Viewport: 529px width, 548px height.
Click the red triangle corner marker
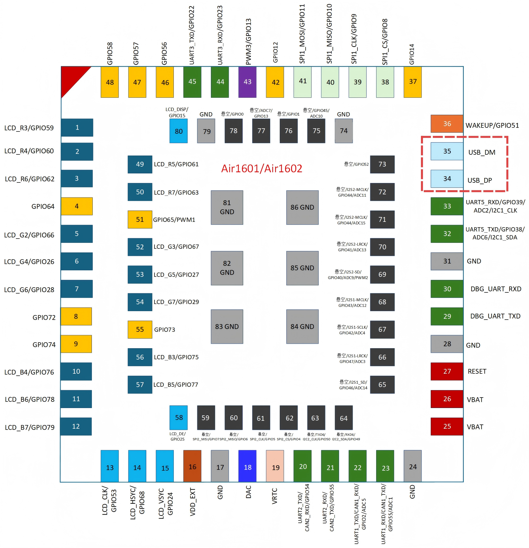[71, 77]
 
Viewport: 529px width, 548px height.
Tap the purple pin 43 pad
[247, 82]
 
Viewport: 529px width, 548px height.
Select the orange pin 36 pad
[447, 124]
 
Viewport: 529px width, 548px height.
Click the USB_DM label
[482, 152]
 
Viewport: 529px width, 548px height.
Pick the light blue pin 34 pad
[447, 179]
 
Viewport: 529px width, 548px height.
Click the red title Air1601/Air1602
[262, 169]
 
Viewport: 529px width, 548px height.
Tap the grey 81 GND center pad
[227, 207]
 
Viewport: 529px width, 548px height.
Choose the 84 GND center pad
[302, 327]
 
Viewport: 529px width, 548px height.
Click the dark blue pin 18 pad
[247, 466]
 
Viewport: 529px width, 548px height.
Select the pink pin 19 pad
[275, 466]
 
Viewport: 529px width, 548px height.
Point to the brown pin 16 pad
[192, 466]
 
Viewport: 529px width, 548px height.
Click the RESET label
[477, 371]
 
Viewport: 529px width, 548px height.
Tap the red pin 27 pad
[447, 371]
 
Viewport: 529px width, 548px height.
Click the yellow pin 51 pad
[140, 219]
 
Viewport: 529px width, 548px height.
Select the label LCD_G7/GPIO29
[176, 302]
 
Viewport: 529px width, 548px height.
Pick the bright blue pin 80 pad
[179, 131]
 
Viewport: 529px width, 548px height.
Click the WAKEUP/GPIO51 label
[492, 126]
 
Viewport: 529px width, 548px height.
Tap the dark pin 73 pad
[382, 164]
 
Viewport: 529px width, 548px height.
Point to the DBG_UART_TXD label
[495, 316]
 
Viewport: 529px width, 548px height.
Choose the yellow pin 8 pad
[76, 316]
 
